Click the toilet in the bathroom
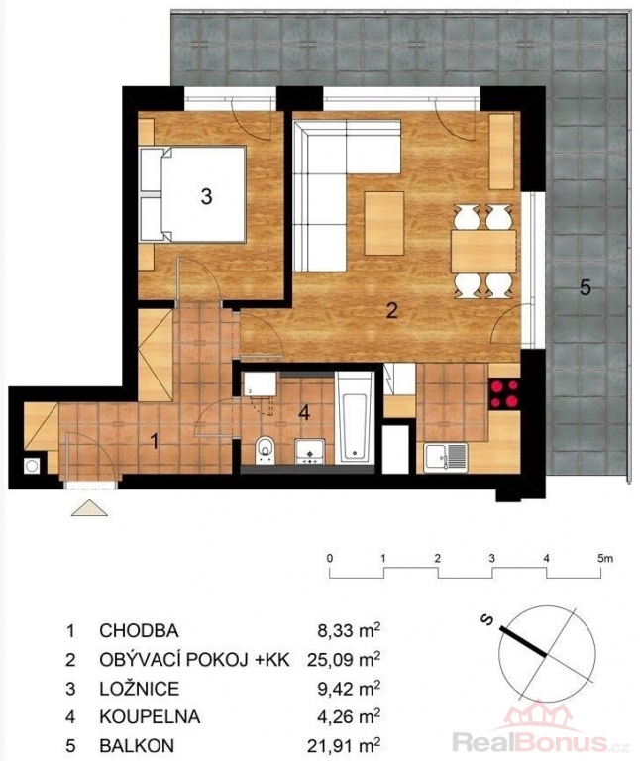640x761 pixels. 265,450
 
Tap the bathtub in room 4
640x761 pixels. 355,417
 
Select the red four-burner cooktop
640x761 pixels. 503,394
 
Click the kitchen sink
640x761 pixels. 446,457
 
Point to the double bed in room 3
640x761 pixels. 192,194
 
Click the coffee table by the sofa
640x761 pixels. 383,223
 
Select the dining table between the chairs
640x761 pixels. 483,252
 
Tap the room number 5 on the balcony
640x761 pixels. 586,287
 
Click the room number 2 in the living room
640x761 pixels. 391,310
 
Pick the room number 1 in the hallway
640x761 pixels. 155,442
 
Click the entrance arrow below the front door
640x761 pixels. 89,507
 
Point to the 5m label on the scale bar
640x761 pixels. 605,558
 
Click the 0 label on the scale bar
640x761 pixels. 330,558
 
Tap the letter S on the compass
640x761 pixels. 487,619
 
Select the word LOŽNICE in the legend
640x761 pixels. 140,689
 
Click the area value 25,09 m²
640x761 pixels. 344,660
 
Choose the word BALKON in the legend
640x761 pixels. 137,745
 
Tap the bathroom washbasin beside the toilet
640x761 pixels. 309,451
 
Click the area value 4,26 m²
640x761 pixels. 349,716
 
